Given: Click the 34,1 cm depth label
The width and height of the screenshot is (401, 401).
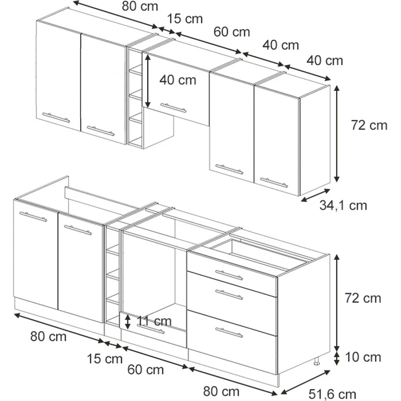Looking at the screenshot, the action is [343, 205].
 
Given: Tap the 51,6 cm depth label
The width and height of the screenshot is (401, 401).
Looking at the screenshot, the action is [332, 394].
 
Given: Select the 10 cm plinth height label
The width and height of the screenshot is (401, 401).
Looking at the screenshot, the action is [363, 357].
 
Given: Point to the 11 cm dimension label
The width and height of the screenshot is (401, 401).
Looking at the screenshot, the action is [154, 321].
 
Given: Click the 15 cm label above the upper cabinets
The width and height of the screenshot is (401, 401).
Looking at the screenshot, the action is [185, 19].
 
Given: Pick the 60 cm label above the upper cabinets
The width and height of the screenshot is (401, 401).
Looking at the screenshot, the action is [232, 32].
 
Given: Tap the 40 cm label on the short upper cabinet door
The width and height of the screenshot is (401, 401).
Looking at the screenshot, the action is [178, 80].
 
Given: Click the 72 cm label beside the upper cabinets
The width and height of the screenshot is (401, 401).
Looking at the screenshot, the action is [369, 125].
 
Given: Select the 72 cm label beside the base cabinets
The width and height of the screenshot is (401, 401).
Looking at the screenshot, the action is [363, 298].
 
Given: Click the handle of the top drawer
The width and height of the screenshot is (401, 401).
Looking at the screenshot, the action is [229, 275].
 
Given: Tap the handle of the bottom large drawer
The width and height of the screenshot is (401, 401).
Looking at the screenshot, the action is [229, 332].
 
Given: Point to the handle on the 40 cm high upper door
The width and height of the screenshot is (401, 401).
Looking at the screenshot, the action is [173, 108].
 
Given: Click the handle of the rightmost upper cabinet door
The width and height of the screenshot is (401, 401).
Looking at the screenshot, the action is [274, 183].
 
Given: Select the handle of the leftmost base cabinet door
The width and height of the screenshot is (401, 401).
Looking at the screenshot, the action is [33, 216].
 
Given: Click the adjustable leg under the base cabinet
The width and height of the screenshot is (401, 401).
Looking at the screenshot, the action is [317, 360].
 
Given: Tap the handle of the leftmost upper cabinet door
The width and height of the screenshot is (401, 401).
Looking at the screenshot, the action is [56, 117].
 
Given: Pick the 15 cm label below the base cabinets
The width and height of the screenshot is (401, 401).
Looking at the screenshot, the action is [105, 359].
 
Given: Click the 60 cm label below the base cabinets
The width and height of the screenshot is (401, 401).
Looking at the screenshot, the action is [145, 370].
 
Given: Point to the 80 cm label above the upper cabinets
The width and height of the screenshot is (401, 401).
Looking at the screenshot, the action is [140, 6].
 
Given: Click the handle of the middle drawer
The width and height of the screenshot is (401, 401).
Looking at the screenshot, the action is [229, 294].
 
